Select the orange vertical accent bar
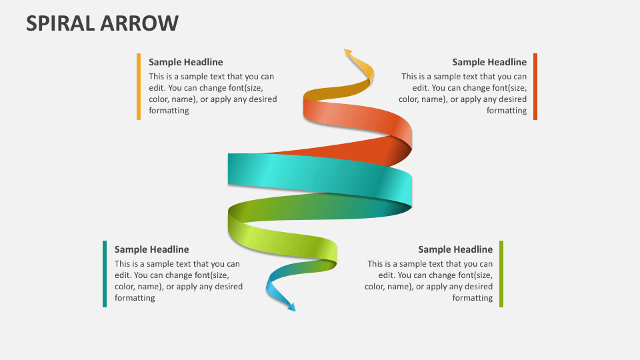pos(139,87)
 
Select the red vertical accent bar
pos(535,87)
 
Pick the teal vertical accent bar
pos(105,274)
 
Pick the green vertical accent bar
pos(501,274)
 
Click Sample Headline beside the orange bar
pos(185,62)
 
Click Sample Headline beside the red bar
pos(489,62)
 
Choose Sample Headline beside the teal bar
pos(151,249)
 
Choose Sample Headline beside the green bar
pos(455,249)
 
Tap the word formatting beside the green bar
pos(472,298)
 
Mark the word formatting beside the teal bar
pos(135,298)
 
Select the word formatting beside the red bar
pos(506,111)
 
